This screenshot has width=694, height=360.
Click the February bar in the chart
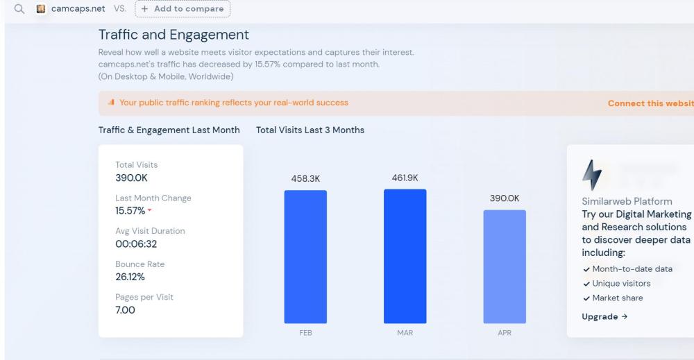[305, 257]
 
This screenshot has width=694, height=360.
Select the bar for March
[405, 256]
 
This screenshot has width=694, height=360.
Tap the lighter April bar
[505, 266]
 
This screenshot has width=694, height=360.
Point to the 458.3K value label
[305, 178]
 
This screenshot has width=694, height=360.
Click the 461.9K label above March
[405, 178]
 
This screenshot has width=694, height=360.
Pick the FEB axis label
[305, 333]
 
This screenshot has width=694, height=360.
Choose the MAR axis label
[405, 333]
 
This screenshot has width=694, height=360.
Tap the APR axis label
[505, 333]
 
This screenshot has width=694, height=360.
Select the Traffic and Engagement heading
[173, 34]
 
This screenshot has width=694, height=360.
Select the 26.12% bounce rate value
[130, 276]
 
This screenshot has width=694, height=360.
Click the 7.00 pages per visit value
[125, 309]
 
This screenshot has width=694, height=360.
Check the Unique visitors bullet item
[620, 283]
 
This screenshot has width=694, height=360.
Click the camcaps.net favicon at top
[41, 9]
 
